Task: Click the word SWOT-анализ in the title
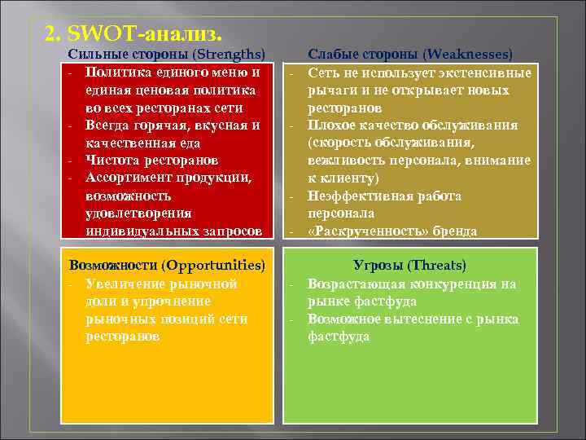(149, 34)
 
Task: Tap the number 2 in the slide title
(51, 34)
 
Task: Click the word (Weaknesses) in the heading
(467, 55)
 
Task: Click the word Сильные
(93, 55)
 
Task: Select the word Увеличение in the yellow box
(124, 284)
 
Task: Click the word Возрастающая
(356, 284)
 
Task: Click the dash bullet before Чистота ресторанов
(72, 161)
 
